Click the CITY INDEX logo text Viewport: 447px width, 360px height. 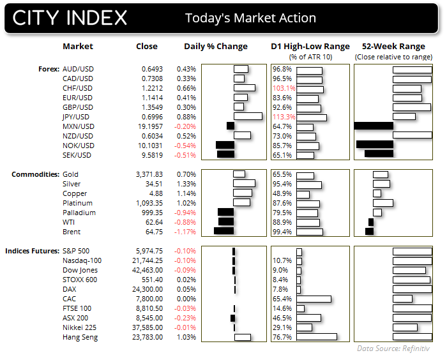tap(70, 17)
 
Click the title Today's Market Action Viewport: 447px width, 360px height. tap(250, 18)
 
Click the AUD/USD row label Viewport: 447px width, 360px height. tap(78, 69)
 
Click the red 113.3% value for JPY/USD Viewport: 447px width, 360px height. tap(284, 117)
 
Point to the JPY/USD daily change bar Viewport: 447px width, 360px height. tap(248, 117)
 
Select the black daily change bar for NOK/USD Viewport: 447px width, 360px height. tap(225, 146)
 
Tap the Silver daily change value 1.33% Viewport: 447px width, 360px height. tap(186, 184)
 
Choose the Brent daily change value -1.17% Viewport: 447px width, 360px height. tap(185, 232)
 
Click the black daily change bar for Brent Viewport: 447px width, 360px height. tap(223, 232)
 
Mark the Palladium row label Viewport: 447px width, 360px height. tap(79, 213)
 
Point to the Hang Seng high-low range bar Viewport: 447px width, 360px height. tap(316, 337)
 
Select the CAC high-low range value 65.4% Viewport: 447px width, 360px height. tap(282, 299)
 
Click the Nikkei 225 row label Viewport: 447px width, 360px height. tap(80, 327)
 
